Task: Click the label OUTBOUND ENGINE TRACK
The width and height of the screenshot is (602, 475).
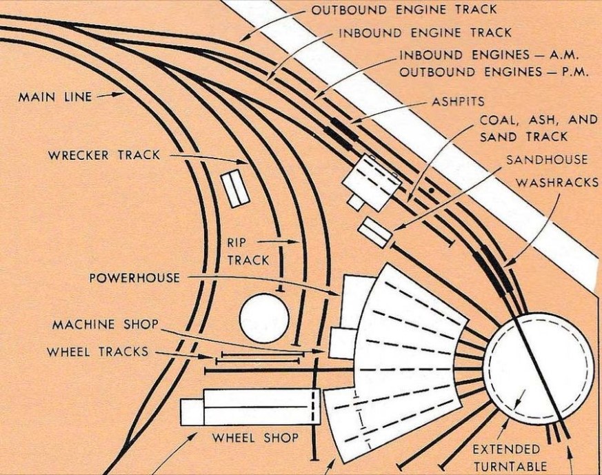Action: (403, 10)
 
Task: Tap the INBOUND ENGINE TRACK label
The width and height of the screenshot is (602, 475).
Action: (425, 32)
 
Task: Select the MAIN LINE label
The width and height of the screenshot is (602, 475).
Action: (54, 97)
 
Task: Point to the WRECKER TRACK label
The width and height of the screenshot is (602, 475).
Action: (104, 155)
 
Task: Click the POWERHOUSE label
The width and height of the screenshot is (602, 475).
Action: (134, 278)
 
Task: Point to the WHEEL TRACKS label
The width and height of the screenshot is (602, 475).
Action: (97, 352)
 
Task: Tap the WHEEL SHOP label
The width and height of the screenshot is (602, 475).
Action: (255, 438)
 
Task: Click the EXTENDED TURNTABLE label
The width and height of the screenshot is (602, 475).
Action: (510, 458)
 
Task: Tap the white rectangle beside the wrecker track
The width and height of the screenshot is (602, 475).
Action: (234, 188)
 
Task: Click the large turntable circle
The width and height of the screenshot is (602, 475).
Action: (537, 365)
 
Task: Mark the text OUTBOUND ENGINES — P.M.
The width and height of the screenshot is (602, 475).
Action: (494, 72)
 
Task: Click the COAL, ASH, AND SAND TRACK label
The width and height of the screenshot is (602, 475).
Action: (538, 128)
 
